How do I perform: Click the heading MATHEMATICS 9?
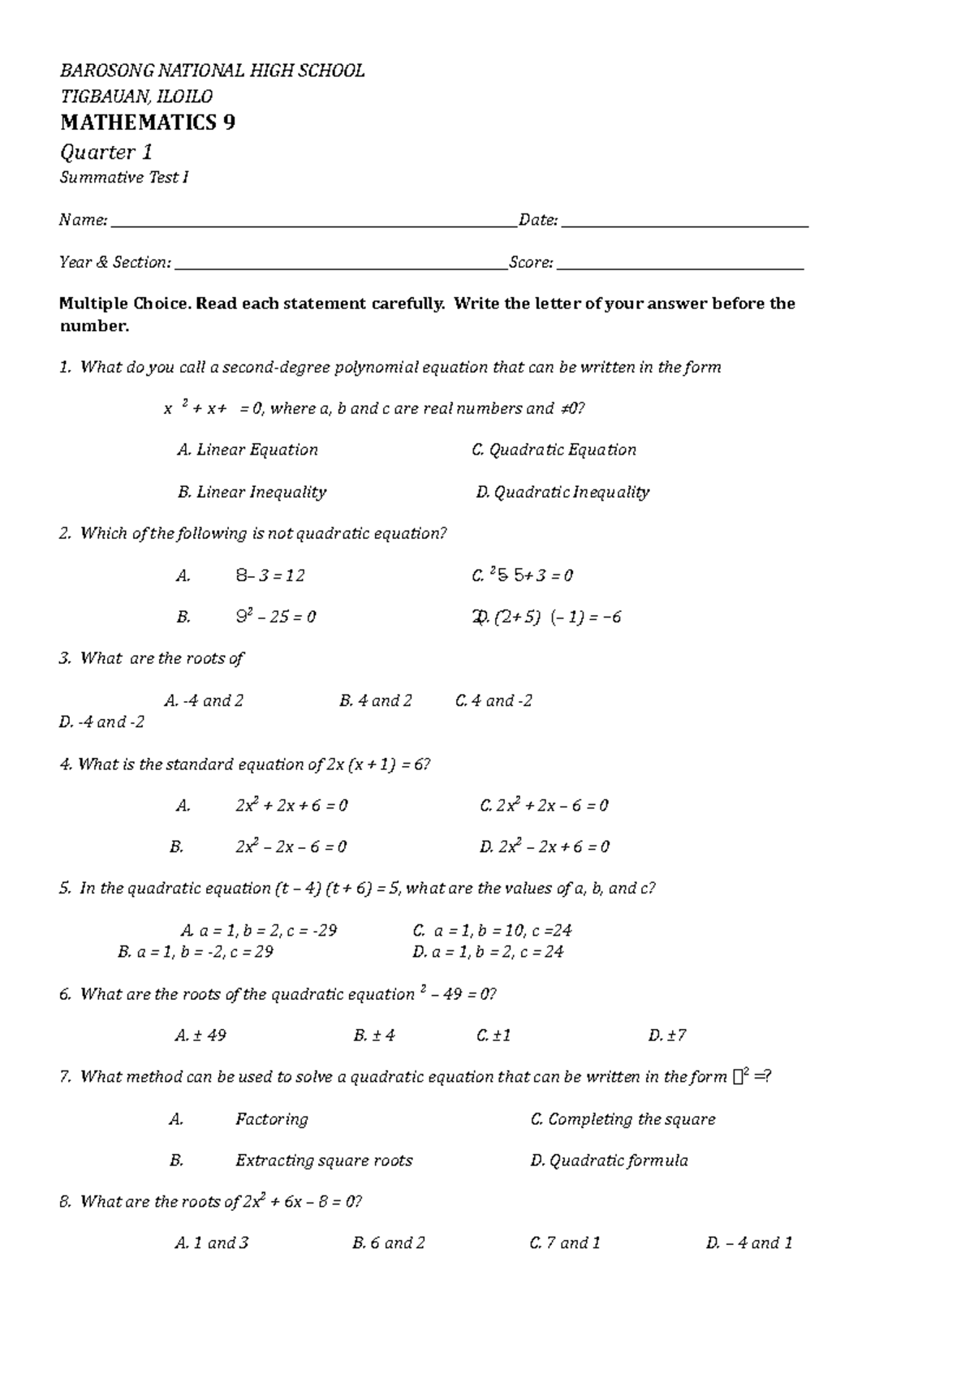148,123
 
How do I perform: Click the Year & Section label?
115,262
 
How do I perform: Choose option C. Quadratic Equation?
554,450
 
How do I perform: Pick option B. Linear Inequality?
252,492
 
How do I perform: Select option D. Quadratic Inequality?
562,492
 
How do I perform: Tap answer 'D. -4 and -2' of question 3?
101,721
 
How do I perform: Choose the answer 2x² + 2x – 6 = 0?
544,805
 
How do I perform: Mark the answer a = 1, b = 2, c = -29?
258,930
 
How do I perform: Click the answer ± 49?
200,1035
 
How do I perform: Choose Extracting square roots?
323,1161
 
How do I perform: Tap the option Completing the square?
623,1119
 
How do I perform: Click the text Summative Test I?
124,178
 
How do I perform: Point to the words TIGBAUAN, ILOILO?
136,97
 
